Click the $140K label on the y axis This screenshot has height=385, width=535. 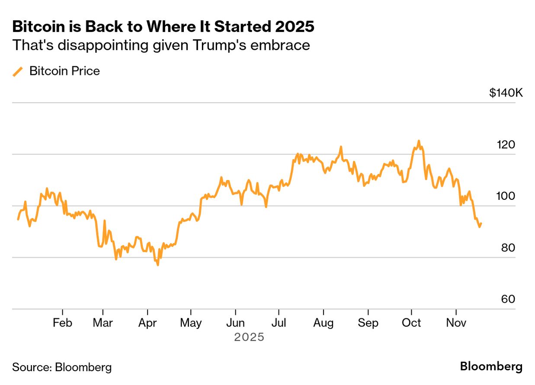506,93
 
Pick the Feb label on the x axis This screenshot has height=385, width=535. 62,323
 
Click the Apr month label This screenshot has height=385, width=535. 147,323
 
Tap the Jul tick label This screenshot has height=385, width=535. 279,323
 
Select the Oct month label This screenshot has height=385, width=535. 411,323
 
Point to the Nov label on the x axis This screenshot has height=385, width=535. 456,323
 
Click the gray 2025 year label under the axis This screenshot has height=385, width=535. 249,337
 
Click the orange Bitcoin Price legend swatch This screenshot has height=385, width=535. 18,71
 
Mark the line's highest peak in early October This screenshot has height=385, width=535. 418,141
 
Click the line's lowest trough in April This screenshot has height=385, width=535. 157,265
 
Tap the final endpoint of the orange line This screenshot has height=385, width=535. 481,224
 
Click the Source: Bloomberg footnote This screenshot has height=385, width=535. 61,367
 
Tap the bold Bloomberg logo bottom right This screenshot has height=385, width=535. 491,367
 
